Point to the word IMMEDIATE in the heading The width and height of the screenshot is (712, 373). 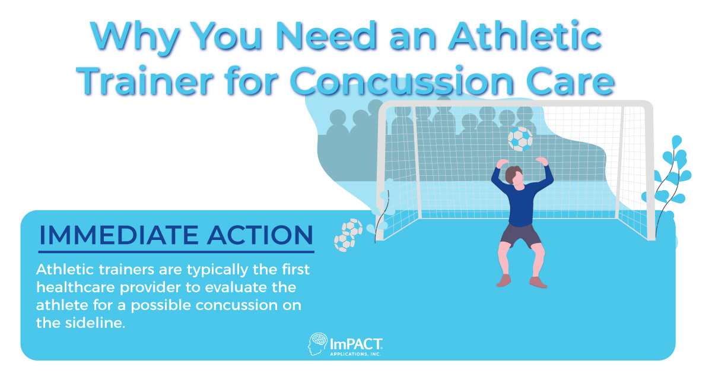pos(119,235)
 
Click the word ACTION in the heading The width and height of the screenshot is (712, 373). pos(258,235)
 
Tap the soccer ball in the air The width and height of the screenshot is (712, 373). pos(520,139)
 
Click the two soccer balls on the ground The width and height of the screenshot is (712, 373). pos(348,235)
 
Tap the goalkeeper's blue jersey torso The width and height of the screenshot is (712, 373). pos(520,202)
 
